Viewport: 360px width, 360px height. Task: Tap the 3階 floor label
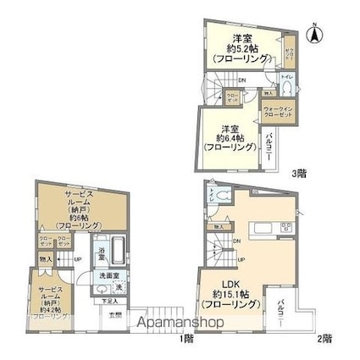tap(301, 173)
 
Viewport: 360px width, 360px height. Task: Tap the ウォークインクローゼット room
tap(280, 114)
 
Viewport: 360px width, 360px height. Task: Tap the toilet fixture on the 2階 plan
tap(221, 197)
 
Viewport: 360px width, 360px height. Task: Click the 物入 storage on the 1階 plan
tap(46, 259)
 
